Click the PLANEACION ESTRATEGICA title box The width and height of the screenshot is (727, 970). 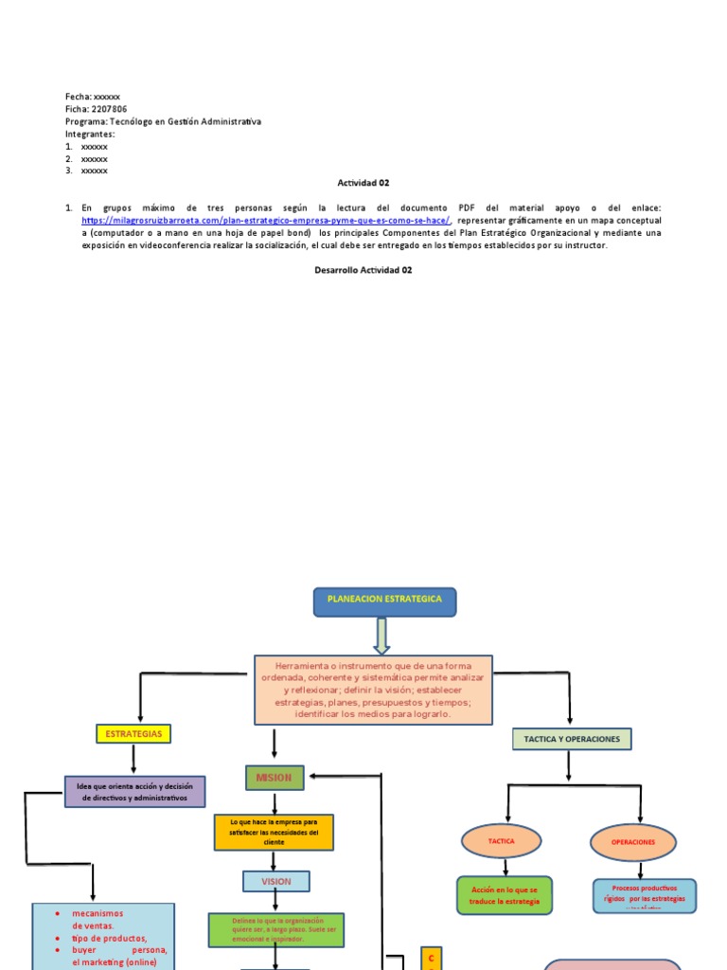384,601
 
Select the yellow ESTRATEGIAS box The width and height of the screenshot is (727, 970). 133,734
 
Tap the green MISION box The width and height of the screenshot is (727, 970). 275,778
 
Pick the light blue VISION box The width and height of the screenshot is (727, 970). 275,881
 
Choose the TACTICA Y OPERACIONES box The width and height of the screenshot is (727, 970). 571,739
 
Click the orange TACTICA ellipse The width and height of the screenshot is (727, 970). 502,841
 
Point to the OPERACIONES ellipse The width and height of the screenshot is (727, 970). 633,842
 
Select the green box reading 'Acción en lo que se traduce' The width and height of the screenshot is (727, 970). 504,895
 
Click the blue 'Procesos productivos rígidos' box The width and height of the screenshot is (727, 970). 645,895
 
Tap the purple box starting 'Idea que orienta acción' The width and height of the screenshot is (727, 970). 134,792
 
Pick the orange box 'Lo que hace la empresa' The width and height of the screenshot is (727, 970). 275,831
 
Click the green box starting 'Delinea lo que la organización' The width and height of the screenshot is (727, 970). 275,929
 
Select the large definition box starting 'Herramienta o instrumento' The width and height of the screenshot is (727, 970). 373,690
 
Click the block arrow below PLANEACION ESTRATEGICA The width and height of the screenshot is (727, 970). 381,635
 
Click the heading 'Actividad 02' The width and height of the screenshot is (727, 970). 363,183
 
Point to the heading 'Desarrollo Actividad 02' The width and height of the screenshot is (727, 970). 363,270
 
